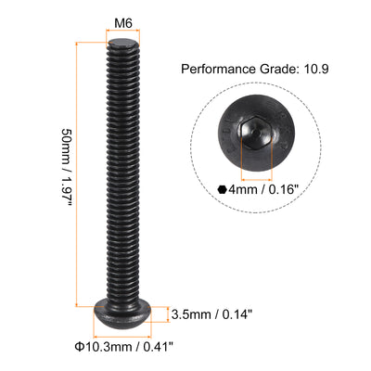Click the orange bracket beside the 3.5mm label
167,313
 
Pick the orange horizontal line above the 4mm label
257,172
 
